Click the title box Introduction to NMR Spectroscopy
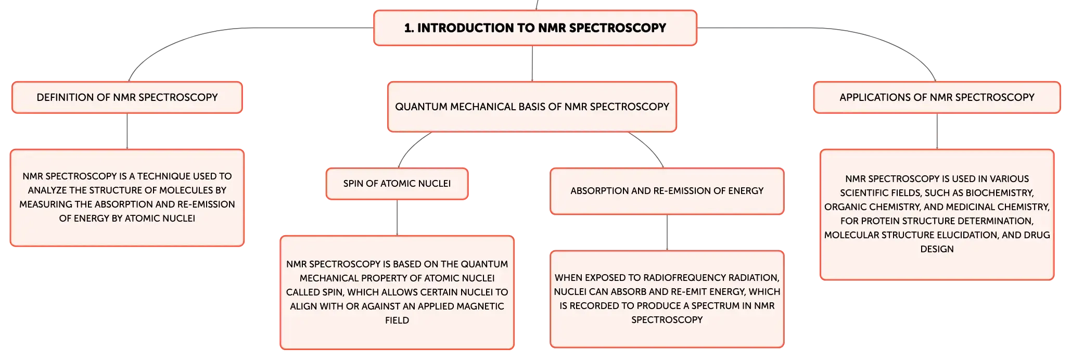535,28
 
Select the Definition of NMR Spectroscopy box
127,97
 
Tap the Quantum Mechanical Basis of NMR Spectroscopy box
532,107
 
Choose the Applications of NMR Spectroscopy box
937,97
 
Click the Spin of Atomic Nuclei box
397,184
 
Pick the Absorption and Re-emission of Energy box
667,191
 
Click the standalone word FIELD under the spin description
397,320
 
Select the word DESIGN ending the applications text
937,249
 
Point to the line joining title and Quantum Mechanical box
532,63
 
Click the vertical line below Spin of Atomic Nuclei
397,217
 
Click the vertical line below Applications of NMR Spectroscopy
937,131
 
